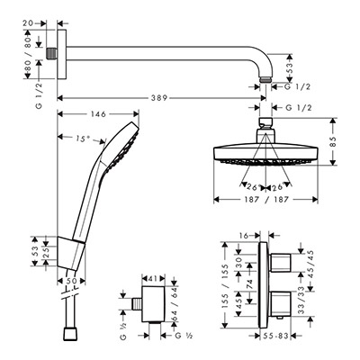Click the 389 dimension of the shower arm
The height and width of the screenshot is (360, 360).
coord(159,98)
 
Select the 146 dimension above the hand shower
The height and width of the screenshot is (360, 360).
coord(98,114)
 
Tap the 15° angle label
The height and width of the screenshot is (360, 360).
coord(83,139)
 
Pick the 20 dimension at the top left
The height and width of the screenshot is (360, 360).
coord(28,23)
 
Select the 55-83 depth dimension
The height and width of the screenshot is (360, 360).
coord(275,336)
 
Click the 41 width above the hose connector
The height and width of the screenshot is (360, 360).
coord(153,278)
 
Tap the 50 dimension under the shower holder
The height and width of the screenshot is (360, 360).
coord(71,281)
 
